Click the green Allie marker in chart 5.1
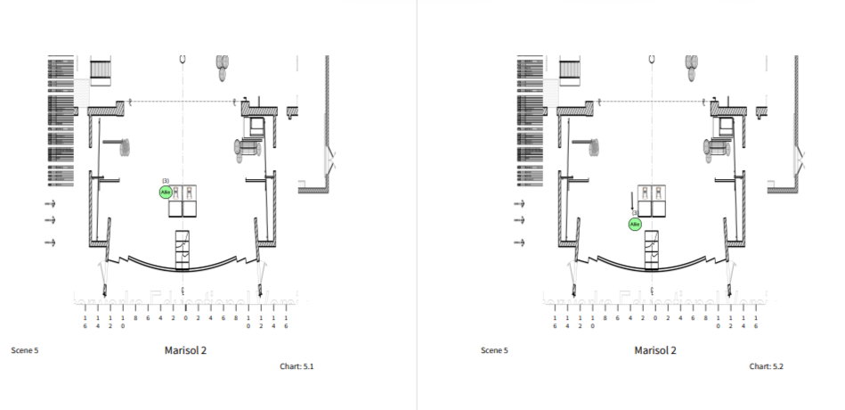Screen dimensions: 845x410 point(165,192)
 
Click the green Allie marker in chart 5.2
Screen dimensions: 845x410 point(635,225)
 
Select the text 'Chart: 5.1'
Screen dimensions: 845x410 point(297,366)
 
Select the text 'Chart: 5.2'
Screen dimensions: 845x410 point(766,366)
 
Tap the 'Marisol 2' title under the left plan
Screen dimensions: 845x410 point(185,350)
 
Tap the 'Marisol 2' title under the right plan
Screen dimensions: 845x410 point(655,350)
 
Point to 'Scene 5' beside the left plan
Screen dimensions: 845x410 point(24,350)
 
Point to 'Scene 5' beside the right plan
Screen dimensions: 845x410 point(494,350)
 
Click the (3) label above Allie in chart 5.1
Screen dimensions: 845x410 point(166,181)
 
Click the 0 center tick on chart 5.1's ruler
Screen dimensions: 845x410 point(185,317)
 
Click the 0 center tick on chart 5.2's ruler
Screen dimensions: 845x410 point(655,317)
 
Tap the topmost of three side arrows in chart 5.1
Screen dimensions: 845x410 point(50,204)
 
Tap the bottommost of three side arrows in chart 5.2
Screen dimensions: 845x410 point(520,242)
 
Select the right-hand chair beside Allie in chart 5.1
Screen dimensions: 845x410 point(189,192)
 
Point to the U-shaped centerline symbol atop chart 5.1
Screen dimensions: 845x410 point(183,58)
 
